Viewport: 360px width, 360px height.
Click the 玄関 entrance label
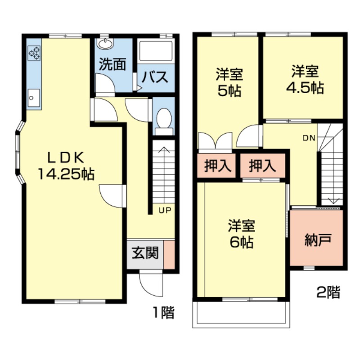point(145,253)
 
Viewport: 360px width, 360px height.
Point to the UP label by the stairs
point(164,210)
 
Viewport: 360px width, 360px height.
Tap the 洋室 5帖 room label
point(229,81)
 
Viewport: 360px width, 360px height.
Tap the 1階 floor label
point(162,312)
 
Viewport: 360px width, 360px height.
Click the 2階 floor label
point(328,293)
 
